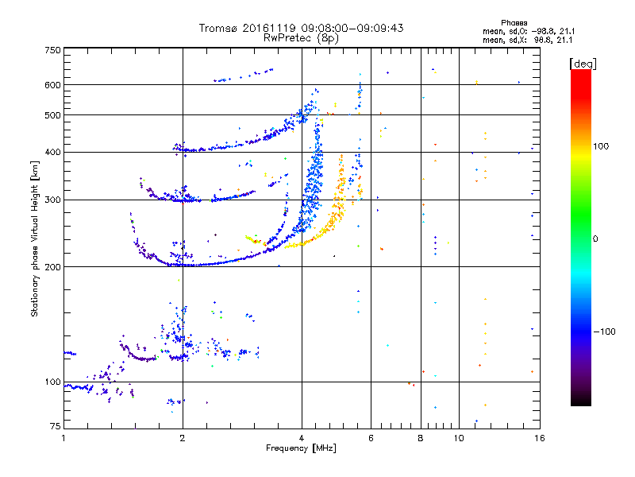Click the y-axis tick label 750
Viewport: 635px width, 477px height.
(52, 50)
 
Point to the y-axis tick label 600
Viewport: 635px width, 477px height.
(52, 85)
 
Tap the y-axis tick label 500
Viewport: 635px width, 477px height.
(52, 115)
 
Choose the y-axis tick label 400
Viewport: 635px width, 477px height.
(52, 153)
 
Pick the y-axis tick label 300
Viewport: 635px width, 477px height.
(52, 200)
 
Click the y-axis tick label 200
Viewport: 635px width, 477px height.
(52, 267)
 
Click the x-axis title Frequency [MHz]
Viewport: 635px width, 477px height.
(301, 448)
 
